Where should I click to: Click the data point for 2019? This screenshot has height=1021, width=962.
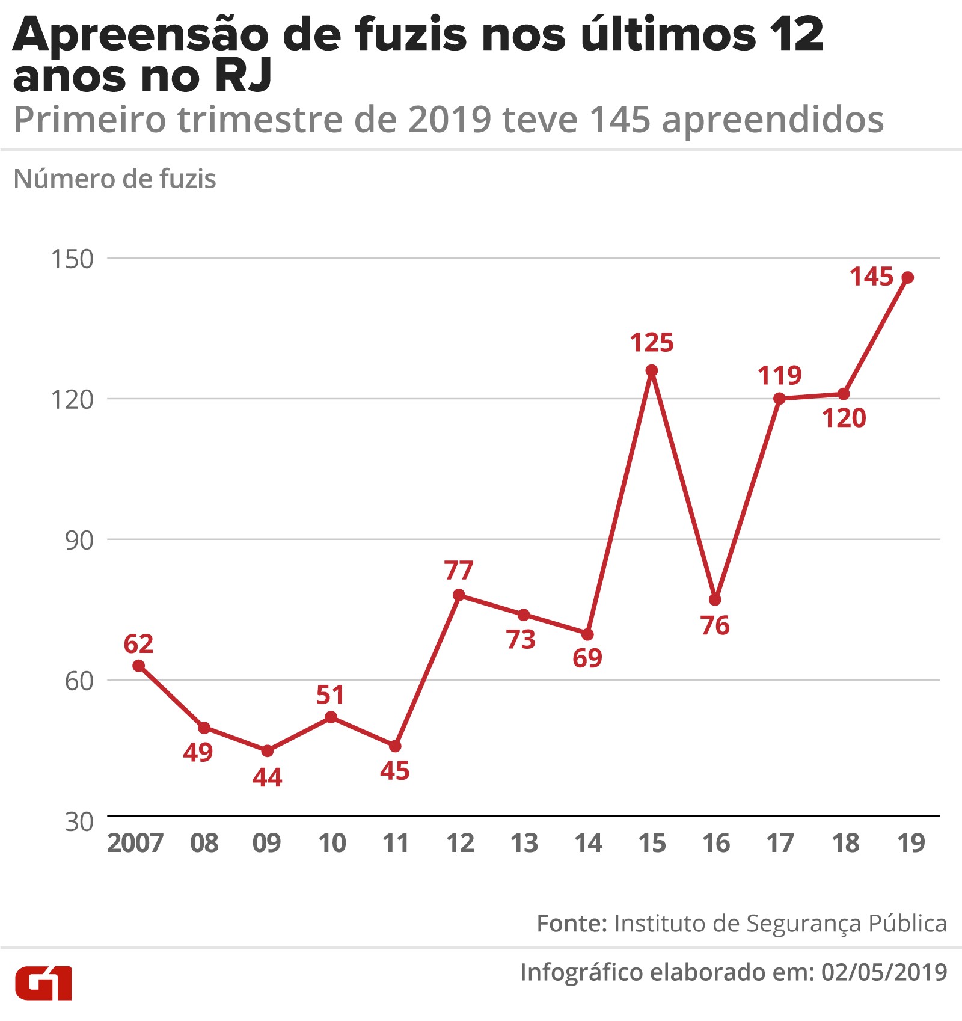coord(908,277)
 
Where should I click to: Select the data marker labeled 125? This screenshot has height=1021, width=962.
coord(652,370)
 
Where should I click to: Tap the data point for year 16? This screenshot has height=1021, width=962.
coord(715,599)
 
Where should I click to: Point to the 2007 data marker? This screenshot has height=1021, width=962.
coord(138,666)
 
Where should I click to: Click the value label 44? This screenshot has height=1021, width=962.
coord(267,777)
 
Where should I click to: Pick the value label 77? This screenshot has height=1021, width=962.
coord(459,570)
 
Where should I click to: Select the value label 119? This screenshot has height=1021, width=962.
coord(779,375)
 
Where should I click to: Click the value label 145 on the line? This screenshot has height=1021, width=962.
coord(871,277)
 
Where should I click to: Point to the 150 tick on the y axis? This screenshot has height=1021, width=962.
coord(73,259)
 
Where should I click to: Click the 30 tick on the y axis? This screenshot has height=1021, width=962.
coord(79,821)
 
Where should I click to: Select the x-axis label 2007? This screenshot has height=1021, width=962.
coord(135,843)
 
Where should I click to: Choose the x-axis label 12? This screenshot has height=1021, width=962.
coord(461,843)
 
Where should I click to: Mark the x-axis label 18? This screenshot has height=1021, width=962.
coord(845,843)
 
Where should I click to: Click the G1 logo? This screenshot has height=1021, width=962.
coord(43,983)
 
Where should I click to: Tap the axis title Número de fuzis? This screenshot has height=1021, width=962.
coord(115,179)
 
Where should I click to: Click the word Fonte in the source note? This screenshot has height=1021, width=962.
coord(572,923)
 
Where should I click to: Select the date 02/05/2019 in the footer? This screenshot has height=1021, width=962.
coord(884,972)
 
